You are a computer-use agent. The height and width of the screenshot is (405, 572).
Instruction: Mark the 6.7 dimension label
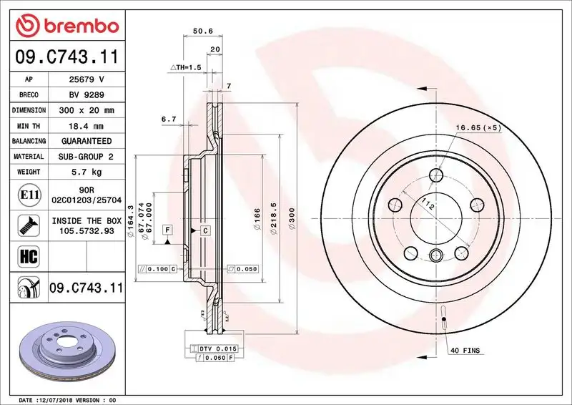[x=169, y=119]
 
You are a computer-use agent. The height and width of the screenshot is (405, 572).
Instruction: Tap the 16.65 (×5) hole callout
[x=478, y=127]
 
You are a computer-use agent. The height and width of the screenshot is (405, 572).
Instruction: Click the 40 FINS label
[x=465, y=350]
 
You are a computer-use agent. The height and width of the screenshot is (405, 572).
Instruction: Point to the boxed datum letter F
[x=167, y=229]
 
